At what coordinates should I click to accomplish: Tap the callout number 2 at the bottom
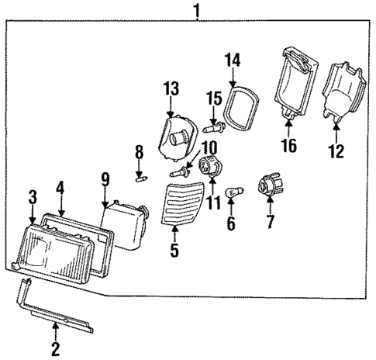coord(55,348)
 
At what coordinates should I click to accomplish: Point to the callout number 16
coord(289,145)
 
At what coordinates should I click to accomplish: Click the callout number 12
coord(336,151)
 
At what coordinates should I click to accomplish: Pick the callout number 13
coord(171,90)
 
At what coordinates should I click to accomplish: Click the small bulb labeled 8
coord(140,181)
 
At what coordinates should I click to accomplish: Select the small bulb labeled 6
coord(230,192)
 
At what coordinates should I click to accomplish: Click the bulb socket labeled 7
coord(270,188)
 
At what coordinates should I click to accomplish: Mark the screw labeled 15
coord(214,123)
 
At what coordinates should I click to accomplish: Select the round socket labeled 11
coord(209,166)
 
